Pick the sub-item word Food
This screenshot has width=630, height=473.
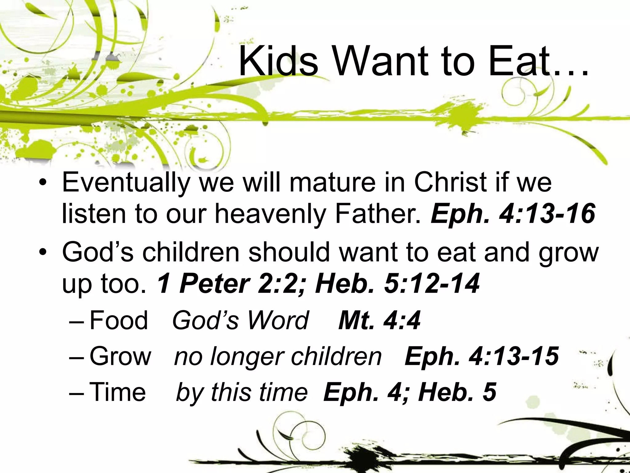point(119,320)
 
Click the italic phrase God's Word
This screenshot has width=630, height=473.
point(240,320)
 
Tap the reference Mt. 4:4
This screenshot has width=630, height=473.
point(379,320)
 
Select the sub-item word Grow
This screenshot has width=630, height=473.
point(120,356)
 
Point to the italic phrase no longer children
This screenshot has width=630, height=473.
point(278,357)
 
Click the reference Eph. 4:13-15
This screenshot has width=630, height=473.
point(481,356)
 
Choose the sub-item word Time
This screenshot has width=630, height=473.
point(117,392)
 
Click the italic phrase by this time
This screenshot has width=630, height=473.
point(241,392)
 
